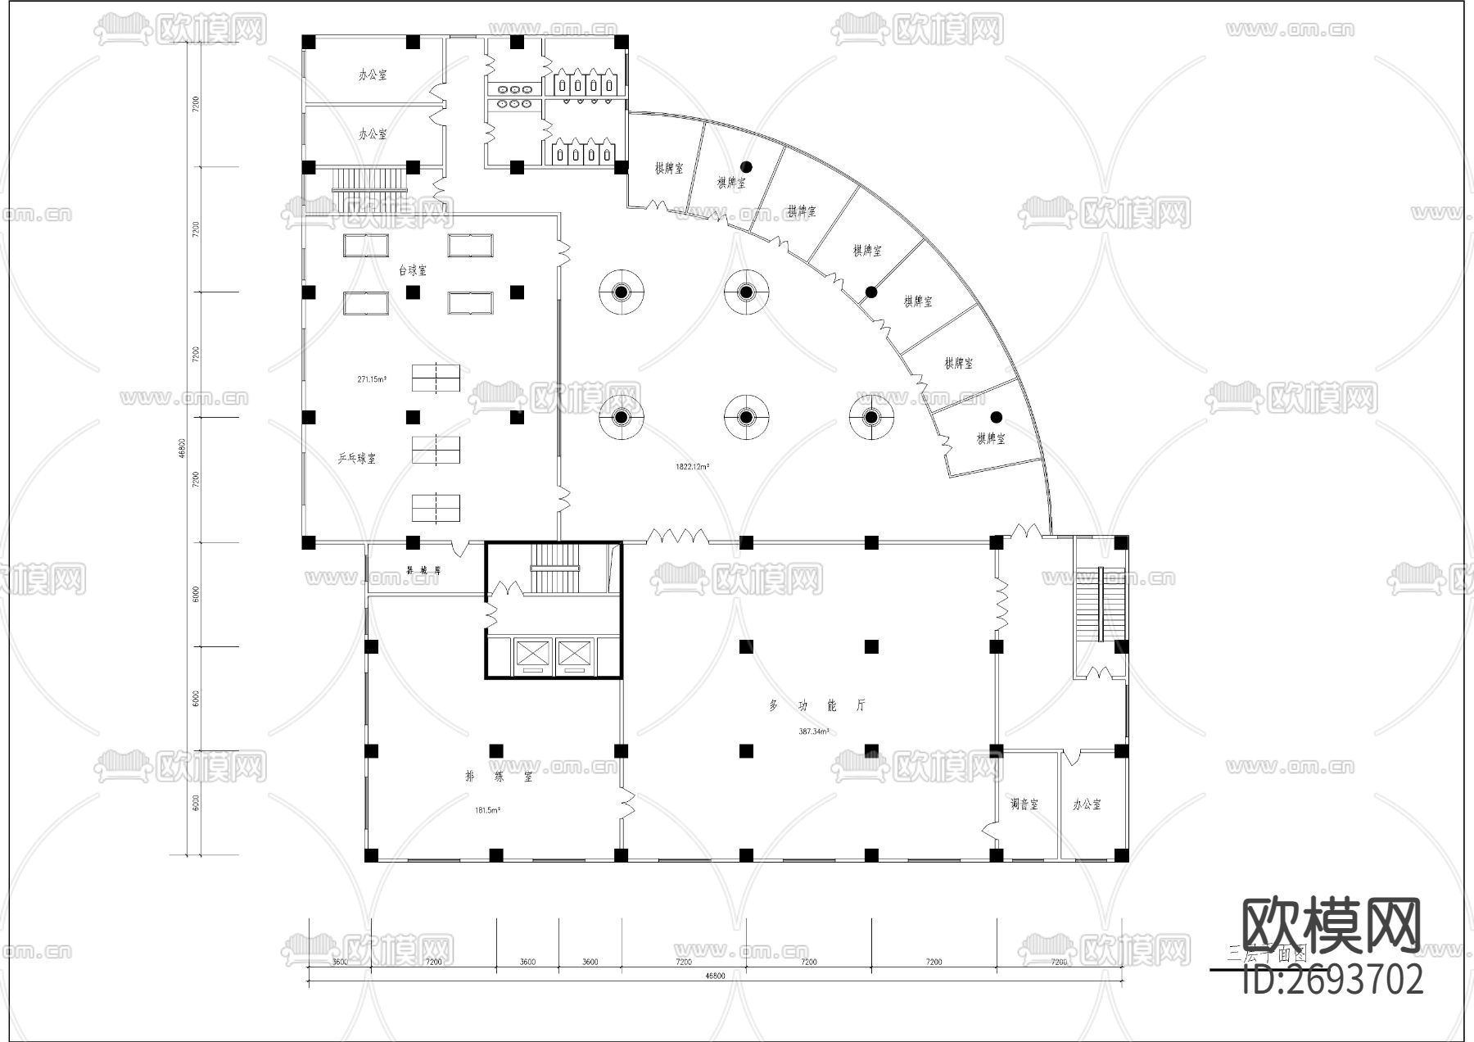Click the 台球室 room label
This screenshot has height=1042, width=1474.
[x=412, y=270]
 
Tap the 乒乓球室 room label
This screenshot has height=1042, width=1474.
[x=357, y=459]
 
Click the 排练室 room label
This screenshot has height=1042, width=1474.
[x=498, y=777]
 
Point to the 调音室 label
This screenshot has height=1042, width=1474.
[x=1024, y=804]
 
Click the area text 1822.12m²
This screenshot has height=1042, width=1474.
[x=692, y=467]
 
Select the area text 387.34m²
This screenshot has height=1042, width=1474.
[x=814, y=732]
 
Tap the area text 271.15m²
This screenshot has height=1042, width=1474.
[x=372, y=379]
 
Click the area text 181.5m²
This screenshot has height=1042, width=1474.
[x=488, y=810]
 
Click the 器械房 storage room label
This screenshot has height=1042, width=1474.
[x=423, y=569]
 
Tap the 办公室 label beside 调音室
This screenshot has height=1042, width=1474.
[x=1087, y=804]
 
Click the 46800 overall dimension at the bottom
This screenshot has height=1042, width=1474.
[x=715, y=976]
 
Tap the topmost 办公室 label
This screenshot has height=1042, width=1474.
[x=373, y=75]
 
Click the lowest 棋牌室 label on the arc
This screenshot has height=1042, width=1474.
[x=990, y=439]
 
